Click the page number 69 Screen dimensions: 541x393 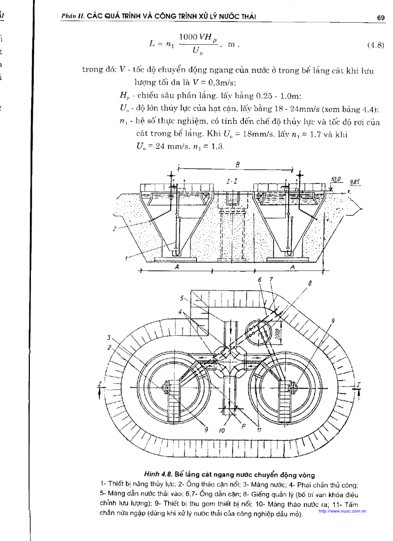point(380,18)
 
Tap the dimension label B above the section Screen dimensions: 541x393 point(237,164)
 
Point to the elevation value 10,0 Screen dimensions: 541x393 point(336,180)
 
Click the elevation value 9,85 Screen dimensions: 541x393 point(356,182)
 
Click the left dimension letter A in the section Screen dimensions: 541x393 point(176,268)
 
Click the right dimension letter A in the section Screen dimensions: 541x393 point(293,267)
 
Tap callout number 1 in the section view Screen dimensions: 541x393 point(126,259)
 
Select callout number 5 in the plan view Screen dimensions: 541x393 point(183,297)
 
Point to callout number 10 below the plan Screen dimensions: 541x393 point(222,431)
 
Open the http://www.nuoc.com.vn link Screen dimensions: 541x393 point(342,511)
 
